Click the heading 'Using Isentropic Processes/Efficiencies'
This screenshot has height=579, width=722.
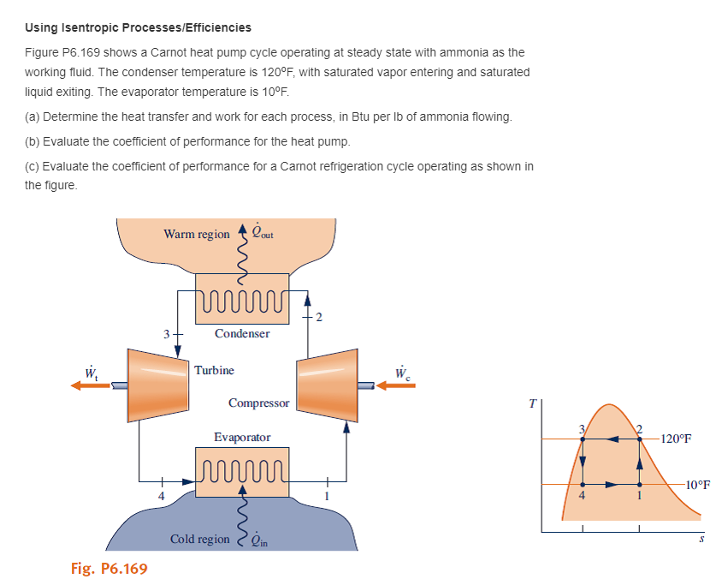138,28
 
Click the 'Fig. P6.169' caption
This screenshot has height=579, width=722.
109,568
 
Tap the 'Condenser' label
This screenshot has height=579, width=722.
242,333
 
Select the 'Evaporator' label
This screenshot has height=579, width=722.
242,437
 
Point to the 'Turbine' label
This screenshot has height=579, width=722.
214,370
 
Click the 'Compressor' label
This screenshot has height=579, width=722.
258,403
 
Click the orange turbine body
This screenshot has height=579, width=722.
158,382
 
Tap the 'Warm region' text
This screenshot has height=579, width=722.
197,234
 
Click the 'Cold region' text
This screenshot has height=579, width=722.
200,539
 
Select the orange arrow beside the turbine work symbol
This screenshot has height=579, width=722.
91,385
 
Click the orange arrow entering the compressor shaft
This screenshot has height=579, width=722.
396,385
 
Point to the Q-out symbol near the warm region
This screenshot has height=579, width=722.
261,230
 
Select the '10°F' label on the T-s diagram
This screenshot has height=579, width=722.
698,485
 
